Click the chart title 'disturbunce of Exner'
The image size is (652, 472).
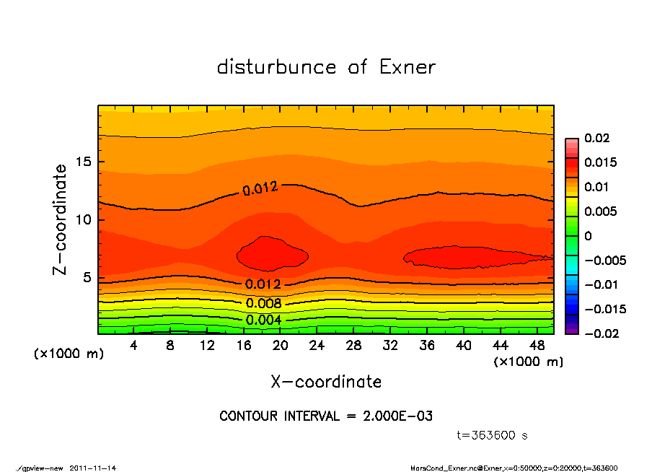click(x=326, y=68)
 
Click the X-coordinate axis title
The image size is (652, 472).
click(x=326, y=382)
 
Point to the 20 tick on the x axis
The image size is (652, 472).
click(x=281, y=345)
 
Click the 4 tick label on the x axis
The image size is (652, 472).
click(x=134, y=345)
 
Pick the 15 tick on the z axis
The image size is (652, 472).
click(x=85, y=162)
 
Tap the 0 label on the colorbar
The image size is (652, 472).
click(x=588, y=236)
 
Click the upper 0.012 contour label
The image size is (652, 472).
click(x=260, y=190)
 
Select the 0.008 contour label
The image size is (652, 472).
click(x=263, y=303)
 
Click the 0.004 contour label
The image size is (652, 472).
click(x=263, y=320)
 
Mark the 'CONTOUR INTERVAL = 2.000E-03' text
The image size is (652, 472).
click(x=326, y=416)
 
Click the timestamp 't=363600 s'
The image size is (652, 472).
click(x=493, y=435)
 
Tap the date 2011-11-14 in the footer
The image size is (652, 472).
click(x=93, y=468)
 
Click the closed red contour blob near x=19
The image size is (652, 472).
click(x=272, y=254)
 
